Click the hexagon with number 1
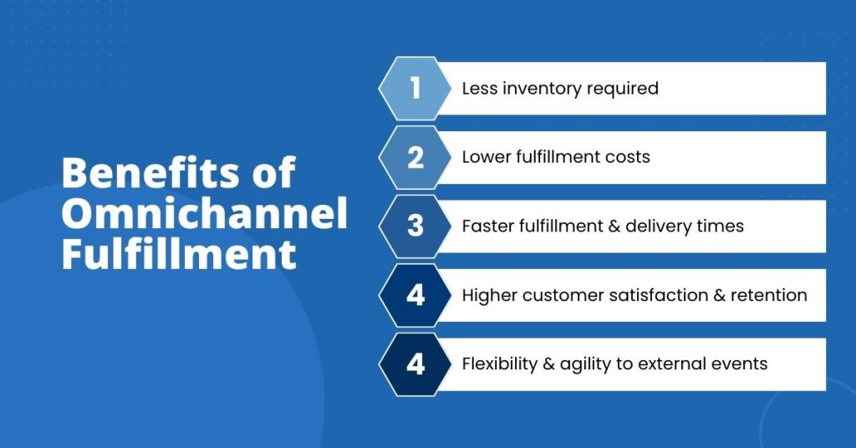415,88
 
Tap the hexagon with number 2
415,157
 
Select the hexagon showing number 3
415,227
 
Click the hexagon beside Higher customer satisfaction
415,295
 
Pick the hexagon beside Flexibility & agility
415,364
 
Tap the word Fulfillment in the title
179,254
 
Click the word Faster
486,227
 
